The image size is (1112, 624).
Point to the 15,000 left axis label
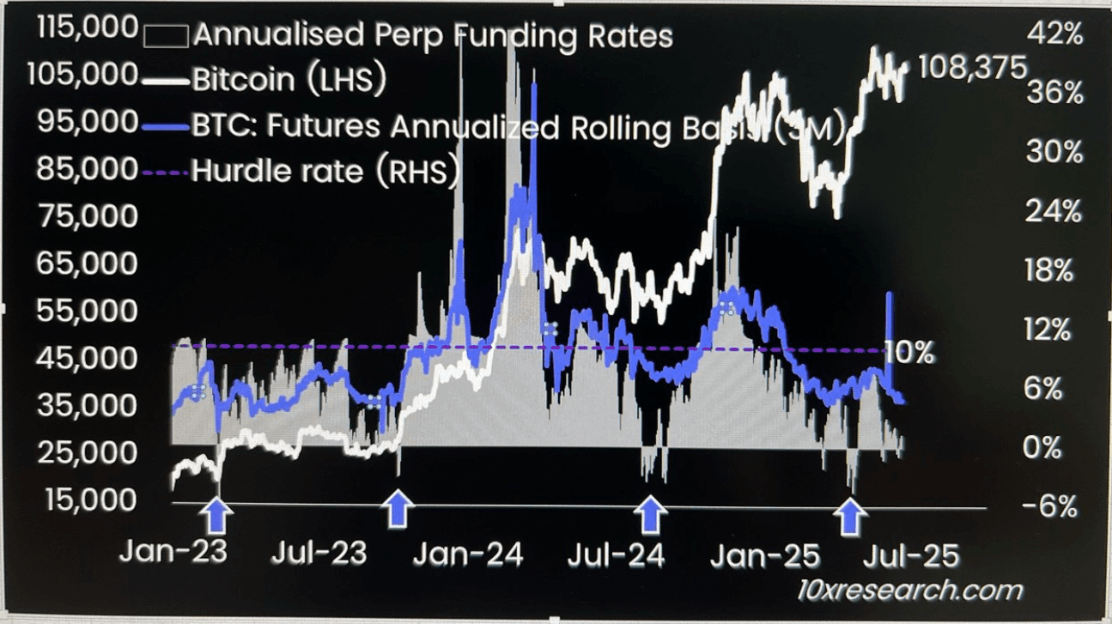[x=88, y=500]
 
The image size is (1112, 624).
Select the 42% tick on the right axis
[x=1054, y=35]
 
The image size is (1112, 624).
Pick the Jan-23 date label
[x=173, y=554]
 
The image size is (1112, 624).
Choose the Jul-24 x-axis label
[x=615, y=554]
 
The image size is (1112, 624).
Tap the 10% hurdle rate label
[x=910, y=352]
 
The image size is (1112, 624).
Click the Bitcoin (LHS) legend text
[x=289, y=80]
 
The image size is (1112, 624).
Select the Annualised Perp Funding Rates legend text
[x=433, y=36]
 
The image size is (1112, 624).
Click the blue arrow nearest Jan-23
[x=216, y=516]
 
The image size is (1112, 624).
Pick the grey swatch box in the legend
[x=166, y=35]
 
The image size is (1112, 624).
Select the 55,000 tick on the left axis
[x=88, y=311]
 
